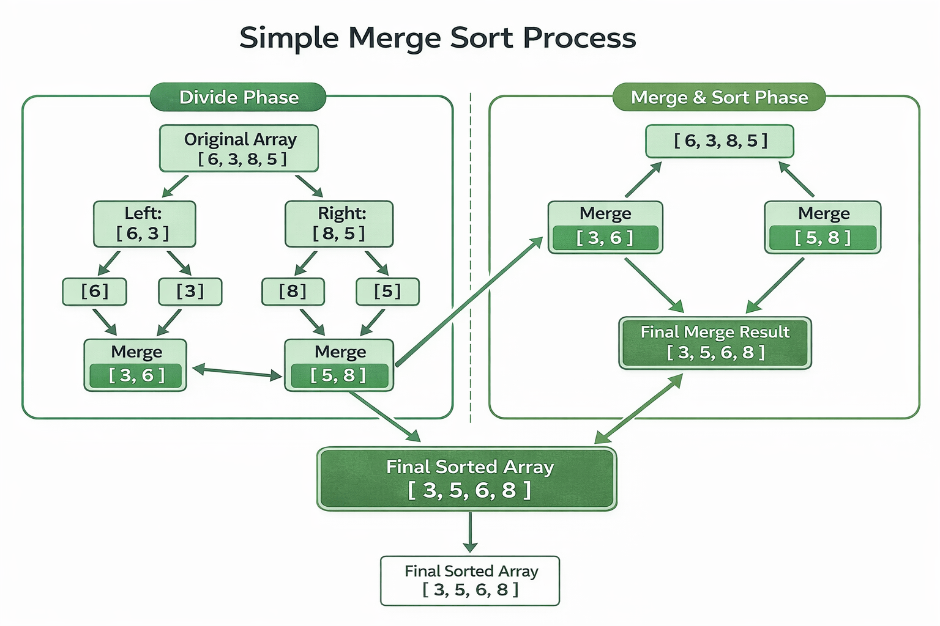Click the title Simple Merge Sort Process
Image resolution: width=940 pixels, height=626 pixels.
point(438,38)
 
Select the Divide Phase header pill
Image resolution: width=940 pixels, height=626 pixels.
point(238,97)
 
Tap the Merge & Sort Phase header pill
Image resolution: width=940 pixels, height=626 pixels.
point(719,97)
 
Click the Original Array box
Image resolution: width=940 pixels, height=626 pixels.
point(239,149)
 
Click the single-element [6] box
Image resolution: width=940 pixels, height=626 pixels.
point(94,292)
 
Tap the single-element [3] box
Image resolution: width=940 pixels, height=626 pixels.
point(190,292)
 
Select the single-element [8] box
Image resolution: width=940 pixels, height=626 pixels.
point(293,292)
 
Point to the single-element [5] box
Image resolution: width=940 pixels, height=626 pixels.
point(387,292)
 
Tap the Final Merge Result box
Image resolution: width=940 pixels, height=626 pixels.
point(715,343)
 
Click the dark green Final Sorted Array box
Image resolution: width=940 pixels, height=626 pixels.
point(467,479)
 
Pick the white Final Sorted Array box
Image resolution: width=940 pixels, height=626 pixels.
point(470,581)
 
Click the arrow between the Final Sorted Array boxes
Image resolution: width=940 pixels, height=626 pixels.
point(470,532)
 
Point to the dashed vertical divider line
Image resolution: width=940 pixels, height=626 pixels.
point(470,257)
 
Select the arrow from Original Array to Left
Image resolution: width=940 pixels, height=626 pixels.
point(175,186)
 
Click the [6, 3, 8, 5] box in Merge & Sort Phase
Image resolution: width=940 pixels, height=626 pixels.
point(720,141)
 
